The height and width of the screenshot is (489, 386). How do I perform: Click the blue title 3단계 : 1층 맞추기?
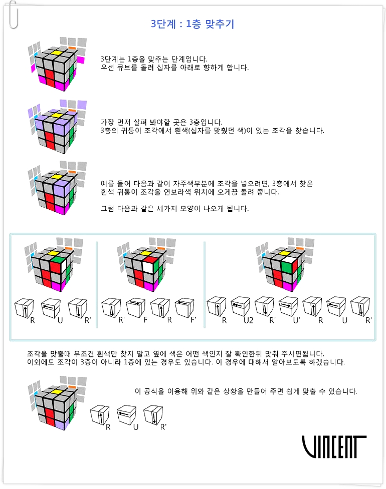click(192, 24)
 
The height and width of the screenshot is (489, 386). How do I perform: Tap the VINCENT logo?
click(334, 446)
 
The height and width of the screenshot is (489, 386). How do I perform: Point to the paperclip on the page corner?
click(14, 15)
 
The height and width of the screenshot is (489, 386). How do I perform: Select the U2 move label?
click(248, 320)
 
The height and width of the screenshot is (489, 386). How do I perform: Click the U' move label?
click(296, 320)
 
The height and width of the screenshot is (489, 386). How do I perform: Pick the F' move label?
click(194, 320)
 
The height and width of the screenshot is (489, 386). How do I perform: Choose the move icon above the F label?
click(135, 308)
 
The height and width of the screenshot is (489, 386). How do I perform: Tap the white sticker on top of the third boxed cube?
click(289, 259)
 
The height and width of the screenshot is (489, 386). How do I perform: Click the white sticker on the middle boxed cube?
click(150, 268)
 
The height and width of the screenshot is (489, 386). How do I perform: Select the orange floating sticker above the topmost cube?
click(72, 48)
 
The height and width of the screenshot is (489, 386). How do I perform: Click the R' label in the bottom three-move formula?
click(163, 427)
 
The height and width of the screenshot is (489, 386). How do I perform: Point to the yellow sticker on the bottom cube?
click(56, 391)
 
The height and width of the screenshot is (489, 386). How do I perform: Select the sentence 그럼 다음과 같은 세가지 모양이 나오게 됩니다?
click(174, 208)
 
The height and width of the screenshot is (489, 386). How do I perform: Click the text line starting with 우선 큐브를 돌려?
click(174, 68)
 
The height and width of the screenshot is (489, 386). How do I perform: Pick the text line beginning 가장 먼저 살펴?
click(161, 122)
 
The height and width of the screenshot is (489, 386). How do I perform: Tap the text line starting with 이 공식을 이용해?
click(246, 391)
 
